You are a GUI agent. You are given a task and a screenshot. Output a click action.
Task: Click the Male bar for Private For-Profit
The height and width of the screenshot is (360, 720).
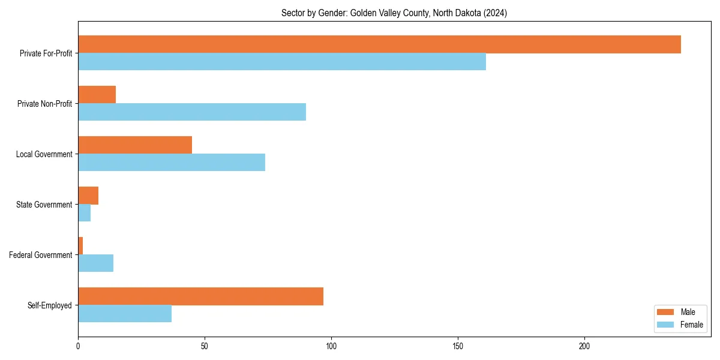379,44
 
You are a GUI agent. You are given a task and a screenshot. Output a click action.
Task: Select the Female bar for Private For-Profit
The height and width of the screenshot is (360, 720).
282,62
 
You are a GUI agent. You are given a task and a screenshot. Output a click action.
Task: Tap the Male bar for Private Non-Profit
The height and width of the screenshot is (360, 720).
97,95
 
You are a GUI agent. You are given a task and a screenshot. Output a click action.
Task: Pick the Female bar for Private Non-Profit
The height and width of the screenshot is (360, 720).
192,112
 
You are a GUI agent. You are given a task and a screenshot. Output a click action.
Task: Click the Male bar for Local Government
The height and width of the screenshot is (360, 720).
135,145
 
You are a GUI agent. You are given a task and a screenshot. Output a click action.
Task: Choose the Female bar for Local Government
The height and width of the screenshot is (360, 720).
172,163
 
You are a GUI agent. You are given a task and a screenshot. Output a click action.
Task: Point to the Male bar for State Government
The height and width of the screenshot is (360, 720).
88,196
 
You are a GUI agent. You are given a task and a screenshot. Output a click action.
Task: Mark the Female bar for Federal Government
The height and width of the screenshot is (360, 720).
95,263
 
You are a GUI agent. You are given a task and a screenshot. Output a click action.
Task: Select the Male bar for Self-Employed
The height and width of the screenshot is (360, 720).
200,296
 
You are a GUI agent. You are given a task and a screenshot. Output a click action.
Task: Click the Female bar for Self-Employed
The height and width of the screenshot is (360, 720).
125,314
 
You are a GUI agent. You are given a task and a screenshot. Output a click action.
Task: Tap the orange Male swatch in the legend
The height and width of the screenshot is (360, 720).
665,312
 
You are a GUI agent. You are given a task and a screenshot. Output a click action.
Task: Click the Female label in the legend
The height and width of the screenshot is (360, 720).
691,325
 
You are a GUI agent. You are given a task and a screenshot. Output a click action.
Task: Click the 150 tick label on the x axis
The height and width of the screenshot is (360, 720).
458,347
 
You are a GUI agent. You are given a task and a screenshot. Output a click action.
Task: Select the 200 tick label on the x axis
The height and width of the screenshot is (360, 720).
584,347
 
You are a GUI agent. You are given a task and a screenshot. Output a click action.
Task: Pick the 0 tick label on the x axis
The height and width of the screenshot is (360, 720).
78,347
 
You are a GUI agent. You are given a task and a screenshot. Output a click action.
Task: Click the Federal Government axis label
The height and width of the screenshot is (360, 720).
41,255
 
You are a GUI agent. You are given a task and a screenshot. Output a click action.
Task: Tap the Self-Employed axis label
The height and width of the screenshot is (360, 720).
50,305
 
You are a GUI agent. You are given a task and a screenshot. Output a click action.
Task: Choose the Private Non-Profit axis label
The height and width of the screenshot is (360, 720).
45,104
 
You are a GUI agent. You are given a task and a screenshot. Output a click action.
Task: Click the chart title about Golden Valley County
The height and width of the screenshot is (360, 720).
394,13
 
